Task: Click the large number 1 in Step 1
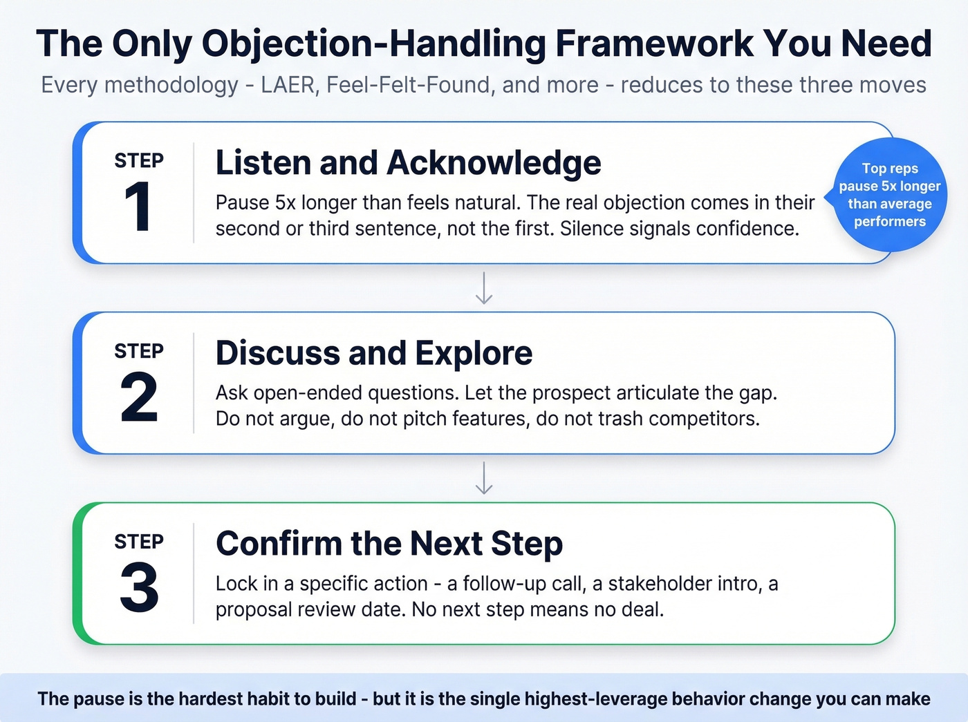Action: pyautogui.click(x=138, y=207)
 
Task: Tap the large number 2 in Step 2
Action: pyautogui.click(x=139, y=397)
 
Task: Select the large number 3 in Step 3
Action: pyautogui.click(x=139, y=588)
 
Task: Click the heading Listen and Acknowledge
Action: pyautogui.click(x=408, y=163)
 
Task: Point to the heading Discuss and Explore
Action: pyautogui.click(x=374, y=353)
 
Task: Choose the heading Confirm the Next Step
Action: pyautogui.click(x=389, y=544)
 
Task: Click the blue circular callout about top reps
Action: pyautogui.click(x=889, y=195)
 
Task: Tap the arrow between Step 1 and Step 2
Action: pyautogui.click(x=484, y=288)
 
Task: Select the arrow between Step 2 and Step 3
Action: pyautogui.click(x=484, y=478)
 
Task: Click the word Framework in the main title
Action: pyautogui.click(x=653, y=44)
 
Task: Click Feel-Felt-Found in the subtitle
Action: pyautogui.click(x=407, y=85)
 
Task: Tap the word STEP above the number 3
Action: pyautogui.click(x=139, y=542)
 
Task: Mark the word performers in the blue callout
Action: pyautogui.click(x=889, y=222)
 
